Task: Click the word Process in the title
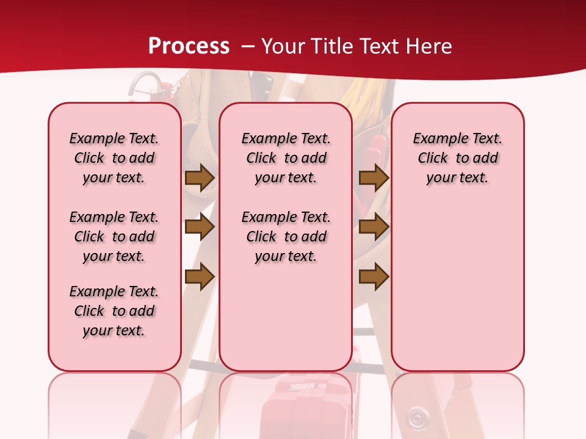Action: click(x=189, y=46)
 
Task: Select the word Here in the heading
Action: click(x=429, y=46)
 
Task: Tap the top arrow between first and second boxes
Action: click(x=199, y=177)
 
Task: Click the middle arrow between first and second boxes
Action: click(x=199, y=227)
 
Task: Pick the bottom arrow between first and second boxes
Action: click(x=199, y=277)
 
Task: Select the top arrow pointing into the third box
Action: click(x=374, y=177)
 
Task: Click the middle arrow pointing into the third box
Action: click(x=374, y=227)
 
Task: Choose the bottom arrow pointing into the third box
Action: click(x=374, y=277)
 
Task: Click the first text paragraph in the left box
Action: click(x=114, y=158)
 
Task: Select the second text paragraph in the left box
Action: click(x=114, y=237)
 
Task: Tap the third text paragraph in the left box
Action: click(x=114, y=311)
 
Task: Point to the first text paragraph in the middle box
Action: click(x=286, y=158)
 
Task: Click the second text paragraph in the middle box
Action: click(x=286, y=237)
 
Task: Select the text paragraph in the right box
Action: click(x=458, y=158)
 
